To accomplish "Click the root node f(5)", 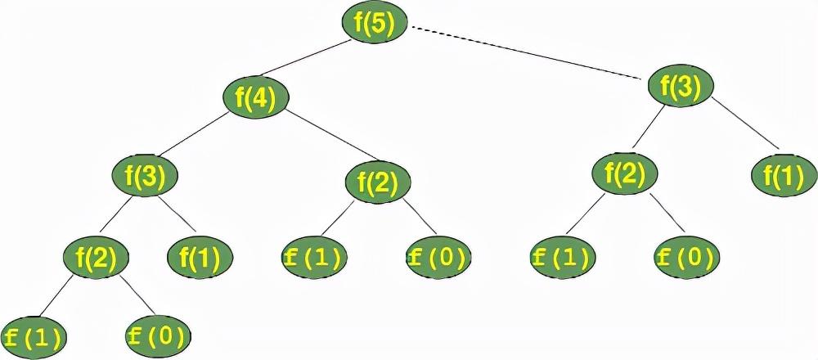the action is pyautogui.click(x=374, y=24).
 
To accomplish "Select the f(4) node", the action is pyautogui.click(x=255, y=98).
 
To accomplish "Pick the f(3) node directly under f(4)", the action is pyautogui.click(x=144, y=175).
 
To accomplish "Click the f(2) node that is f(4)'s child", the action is pyautogui.click(x=378, y=182).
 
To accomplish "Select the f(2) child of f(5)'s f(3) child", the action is pyautogui.click(x=625, y=173).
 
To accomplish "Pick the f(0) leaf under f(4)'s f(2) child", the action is pyautogui.click(x=438, y=259).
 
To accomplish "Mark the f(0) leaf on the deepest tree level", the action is pyautogui.click(x=159, y=335).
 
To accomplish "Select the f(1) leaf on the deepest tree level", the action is pyautogui.click(x=33, y=336).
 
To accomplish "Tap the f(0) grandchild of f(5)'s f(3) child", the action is pyautogui.click(x=687, y=259).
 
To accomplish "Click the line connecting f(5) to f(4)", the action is pyautogui.click(x=315, y=61).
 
